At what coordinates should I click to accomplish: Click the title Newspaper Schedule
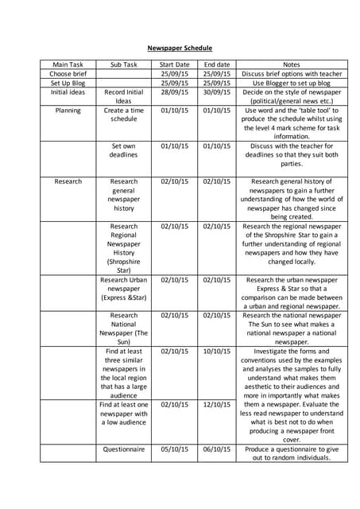180,48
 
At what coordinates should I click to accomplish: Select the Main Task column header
68,64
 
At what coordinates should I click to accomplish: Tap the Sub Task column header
124,64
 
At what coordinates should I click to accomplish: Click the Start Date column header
175,64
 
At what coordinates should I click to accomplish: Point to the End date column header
216,64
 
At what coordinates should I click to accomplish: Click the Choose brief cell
68,74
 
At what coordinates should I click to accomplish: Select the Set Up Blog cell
68,83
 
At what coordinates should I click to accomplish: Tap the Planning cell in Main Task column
68,111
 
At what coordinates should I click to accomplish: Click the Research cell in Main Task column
68,181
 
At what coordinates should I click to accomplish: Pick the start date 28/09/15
175,92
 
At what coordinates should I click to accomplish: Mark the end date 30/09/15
216,92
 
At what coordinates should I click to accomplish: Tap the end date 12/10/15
216,404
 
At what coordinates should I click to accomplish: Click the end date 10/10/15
216,351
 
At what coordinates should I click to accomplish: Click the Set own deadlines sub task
124,150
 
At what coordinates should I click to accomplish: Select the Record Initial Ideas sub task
124,97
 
